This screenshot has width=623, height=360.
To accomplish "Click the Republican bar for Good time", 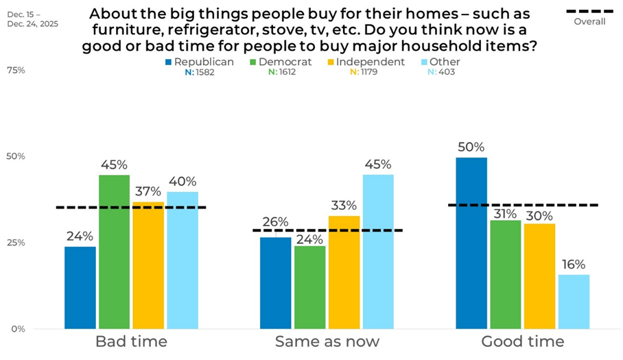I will click(471, 243).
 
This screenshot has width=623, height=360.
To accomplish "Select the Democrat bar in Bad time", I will click(114, 252).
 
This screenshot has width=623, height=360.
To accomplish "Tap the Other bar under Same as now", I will click(378, 251).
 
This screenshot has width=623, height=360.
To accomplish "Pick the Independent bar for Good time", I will click(540, 276).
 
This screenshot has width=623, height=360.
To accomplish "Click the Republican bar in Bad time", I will click(80, 287).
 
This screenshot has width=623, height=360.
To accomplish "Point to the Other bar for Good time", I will click(574, 301).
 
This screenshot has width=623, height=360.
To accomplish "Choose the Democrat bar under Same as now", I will click(309, 287).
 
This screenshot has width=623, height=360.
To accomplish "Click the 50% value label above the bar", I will click(471, 147).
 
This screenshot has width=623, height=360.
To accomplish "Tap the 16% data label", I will click(574, 264).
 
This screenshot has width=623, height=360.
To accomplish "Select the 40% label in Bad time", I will click(182, 182).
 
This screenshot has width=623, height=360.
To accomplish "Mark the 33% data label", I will click(343, 206).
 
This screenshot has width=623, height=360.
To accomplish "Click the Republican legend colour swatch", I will click(168, 62).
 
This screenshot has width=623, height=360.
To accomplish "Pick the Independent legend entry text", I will click(369, 62).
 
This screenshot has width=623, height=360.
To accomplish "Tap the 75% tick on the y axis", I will click(16, 70).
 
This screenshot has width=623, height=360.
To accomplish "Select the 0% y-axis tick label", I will click(18, 329).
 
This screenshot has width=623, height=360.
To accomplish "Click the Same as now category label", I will click(327, 341).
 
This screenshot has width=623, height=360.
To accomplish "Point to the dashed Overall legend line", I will click(589, 10).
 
